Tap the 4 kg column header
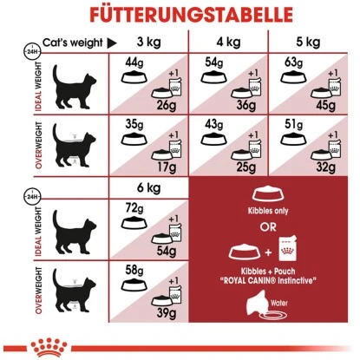click(x=229, y=43)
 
